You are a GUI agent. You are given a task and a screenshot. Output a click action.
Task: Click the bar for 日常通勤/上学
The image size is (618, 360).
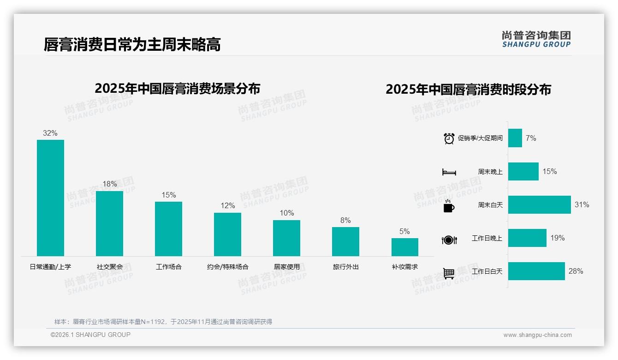click(x=50, y=198)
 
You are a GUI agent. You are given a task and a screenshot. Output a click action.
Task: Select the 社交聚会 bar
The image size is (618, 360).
click(x=109, y=223)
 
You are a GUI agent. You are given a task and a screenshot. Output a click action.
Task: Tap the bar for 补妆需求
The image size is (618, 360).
click(x=404, y=247)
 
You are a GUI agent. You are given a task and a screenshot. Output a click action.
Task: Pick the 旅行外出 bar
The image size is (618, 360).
click(x=345, y=241)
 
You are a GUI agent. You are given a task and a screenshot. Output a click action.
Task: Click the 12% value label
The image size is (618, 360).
click(x=227, y=206)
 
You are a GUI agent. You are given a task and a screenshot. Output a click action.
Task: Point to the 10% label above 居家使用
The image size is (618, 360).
click(x=286, y=213)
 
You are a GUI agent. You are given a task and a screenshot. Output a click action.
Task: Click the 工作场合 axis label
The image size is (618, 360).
click(x=168, y=267)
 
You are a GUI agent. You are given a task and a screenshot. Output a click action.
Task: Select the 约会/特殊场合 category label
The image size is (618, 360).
click(x=227, y=267)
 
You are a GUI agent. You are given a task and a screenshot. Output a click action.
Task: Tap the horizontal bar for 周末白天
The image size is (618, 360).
click(x=539, y=204)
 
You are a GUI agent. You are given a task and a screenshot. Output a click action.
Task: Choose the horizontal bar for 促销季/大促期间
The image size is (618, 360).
click(x=515, y=138)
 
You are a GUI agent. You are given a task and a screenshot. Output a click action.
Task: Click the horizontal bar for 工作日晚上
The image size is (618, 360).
click(x=527, y=238)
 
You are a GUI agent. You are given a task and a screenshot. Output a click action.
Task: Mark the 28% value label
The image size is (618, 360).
click(x=576, y=271)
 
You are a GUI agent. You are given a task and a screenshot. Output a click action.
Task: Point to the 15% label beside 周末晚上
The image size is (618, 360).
click(x=549, y=172)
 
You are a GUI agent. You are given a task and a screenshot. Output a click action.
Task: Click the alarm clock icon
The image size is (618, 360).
click(x=449, y=138)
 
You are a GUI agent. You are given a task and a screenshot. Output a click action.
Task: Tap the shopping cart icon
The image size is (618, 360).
click(x=449, y=273)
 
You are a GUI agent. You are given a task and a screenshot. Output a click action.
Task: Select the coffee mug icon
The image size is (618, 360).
click(x=449, y=206)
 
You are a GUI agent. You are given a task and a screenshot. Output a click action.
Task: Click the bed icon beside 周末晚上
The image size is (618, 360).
click(x=449, y=172)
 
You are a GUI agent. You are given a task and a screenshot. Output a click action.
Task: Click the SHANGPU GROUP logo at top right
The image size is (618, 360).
click(x=536, y=39)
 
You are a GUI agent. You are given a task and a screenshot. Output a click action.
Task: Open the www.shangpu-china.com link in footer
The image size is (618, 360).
click(x=537, y=335)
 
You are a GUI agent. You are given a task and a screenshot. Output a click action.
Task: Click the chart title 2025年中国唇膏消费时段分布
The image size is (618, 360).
click(x=468, y=90)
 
